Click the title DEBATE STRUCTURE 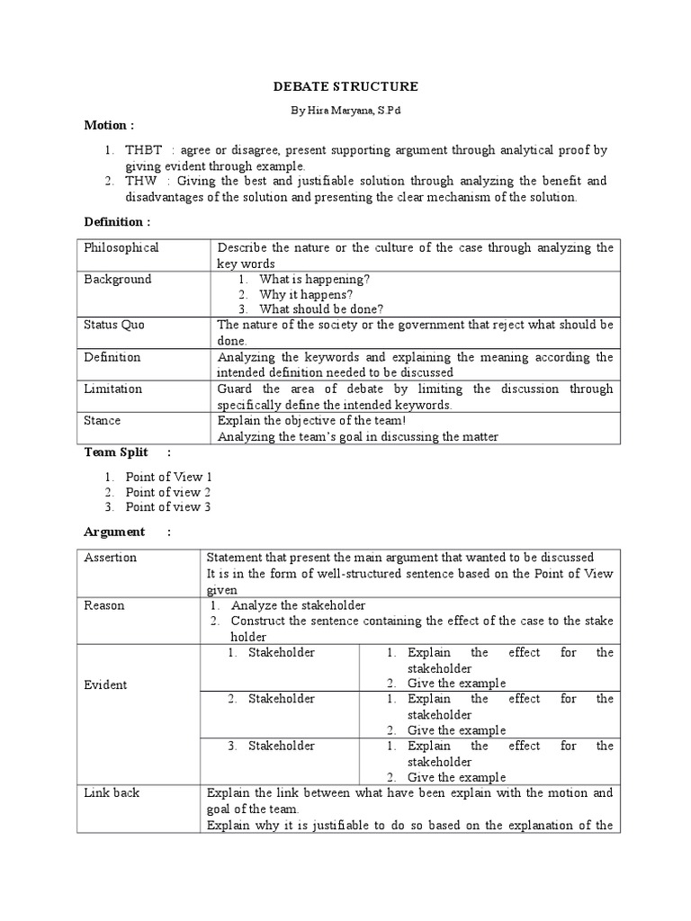[x=345, y=87]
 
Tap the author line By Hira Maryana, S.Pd [x=345, y=109]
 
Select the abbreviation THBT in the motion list [x=144, y=150]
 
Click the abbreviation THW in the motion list [x=142, y=181]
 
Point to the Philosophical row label [x=121, y=247]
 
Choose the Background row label [x=118, y=279]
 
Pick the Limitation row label [x=113, y=389]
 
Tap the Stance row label [x=103, y=420]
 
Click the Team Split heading [x=117, y=452]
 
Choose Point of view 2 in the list [x=168, y=492]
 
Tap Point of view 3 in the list [x=168, y=507]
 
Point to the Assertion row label [x=111, y=558]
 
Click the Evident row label [x=105, y=684]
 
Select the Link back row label [x=112, y=793]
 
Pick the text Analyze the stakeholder [x=298, y=605]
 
